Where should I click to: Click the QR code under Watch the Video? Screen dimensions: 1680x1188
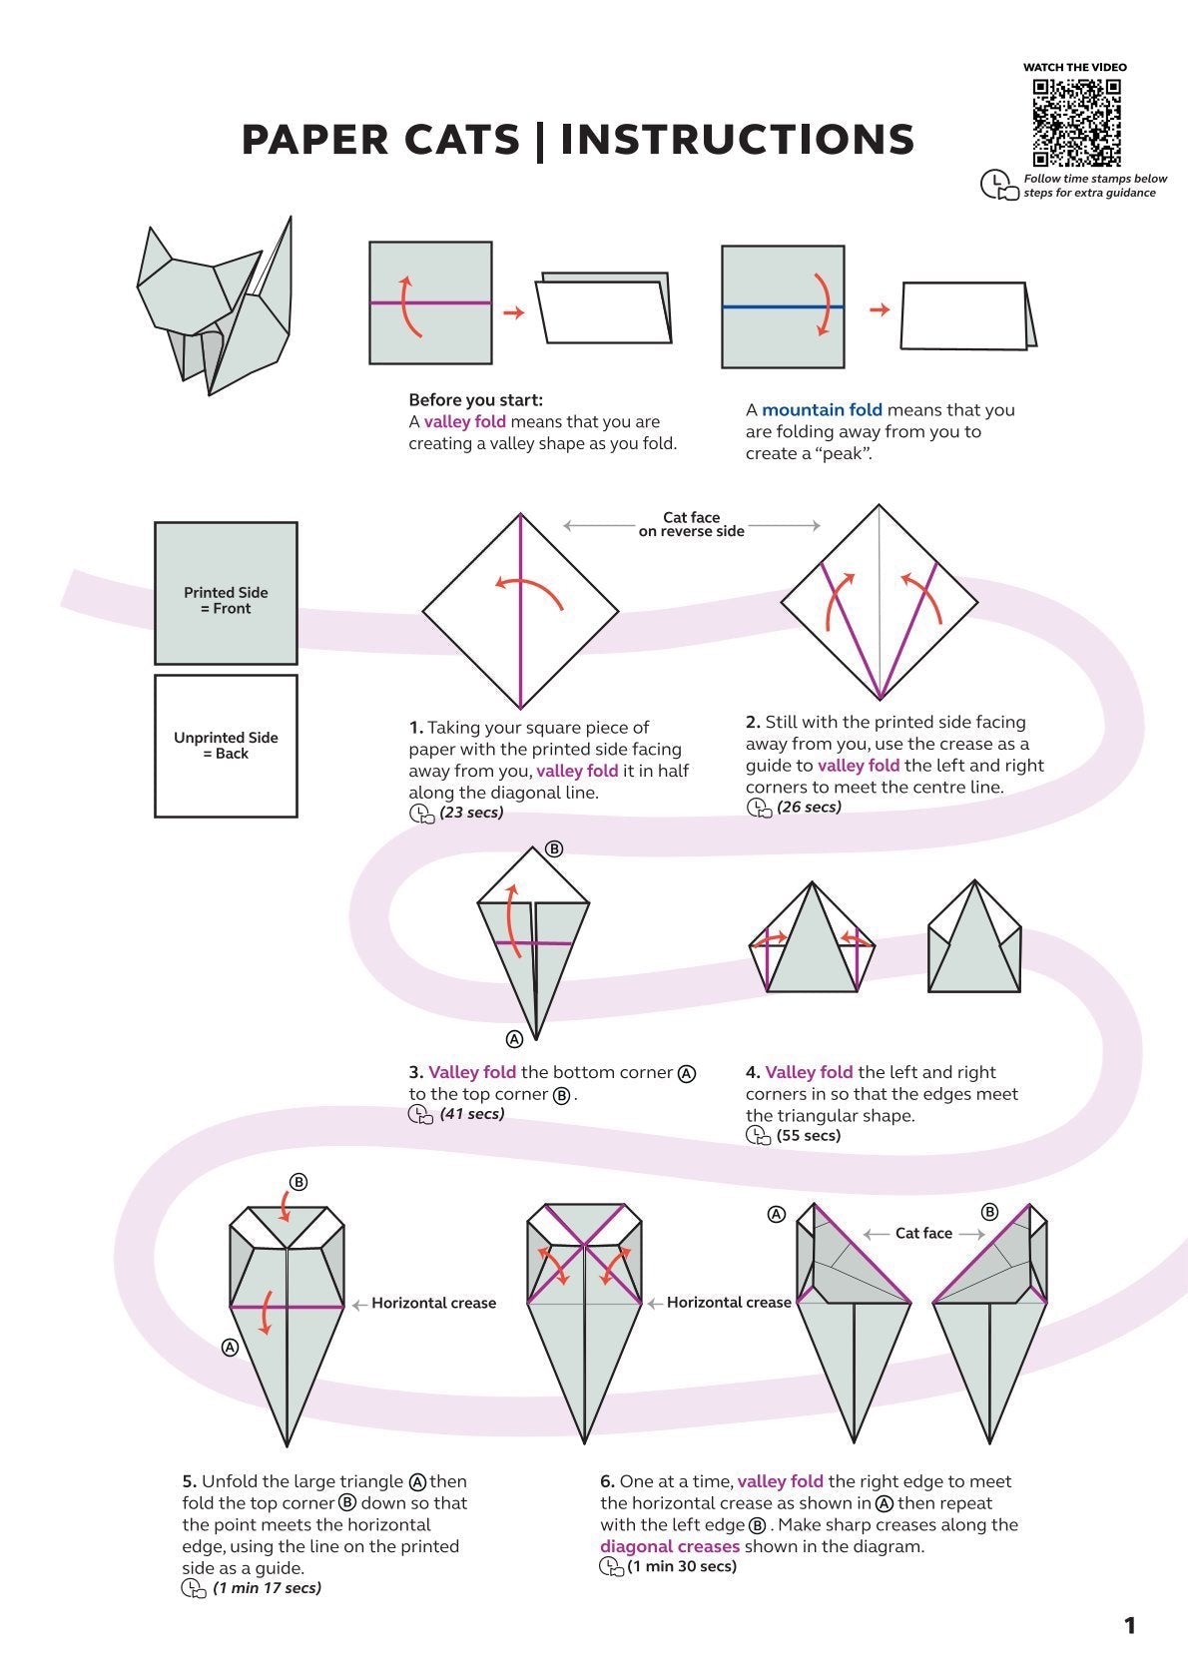click(x=1076, y=122)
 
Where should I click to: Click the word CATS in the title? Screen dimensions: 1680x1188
click(x=462, y=140)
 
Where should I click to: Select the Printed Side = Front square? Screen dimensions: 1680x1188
click(x=226, y=593)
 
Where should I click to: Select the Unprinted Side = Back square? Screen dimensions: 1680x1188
click(x=226, y=746)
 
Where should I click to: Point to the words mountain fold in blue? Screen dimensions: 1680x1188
click(x=822, y=410)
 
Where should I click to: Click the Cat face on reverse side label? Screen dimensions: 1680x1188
click(x=691, y=524)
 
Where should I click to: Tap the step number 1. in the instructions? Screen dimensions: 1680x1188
click(x=415, y=728)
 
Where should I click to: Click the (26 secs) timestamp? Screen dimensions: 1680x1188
click(x=809, y=808)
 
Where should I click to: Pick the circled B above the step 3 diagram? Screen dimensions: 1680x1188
click(x=555, y=849)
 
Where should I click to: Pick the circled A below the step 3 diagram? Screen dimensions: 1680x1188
click(x=514, y=1039)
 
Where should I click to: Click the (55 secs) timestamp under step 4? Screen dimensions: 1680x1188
click(x=808, y=1136)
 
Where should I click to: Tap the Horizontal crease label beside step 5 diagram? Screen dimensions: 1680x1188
click(x=433, y=1304)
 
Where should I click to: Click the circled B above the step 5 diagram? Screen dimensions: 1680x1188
click(x=297, y=1183)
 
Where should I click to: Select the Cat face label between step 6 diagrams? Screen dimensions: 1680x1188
click(x=923, y=1234)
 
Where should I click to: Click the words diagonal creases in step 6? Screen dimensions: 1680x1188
click(x=670, y=1546)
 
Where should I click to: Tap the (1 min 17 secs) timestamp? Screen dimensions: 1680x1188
click(x=267, y=1588)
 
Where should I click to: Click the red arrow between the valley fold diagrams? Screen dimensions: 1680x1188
click(x=513, y=313)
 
